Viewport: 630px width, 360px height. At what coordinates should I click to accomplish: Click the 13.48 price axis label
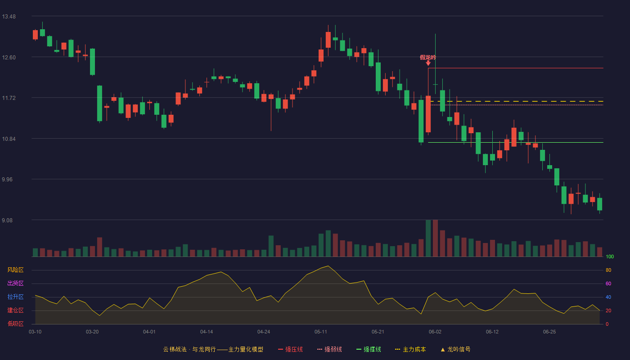pos(9,17)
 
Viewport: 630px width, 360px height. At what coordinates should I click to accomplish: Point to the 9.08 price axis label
pos(7,220)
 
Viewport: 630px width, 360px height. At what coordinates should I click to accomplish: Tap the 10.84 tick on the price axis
pos(9,139)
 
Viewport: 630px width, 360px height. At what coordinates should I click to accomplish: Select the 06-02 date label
pos(435,332)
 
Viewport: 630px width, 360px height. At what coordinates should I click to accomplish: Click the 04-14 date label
pos(207,332)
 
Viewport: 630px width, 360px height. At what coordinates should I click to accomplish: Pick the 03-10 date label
pos(35,332)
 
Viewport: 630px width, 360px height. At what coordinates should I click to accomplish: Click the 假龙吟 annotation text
pos(428,58)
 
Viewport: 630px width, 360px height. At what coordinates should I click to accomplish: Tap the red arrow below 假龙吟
pos(428,63)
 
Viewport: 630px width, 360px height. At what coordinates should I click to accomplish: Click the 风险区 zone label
pos(15,270)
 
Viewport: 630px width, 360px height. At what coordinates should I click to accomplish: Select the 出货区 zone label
pos(15,283)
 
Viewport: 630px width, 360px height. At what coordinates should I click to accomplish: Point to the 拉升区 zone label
pos(15,297)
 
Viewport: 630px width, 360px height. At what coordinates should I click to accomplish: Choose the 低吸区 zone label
pos(15,324)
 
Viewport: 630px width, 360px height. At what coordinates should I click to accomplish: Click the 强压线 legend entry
pos(290,349)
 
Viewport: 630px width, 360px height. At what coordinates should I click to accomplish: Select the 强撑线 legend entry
pos(369,349)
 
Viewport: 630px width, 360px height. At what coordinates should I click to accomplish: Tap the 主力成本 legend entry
pos(410,349)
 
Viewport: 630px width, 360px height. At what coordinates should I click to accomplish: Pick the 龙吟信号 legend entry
pos(455,349)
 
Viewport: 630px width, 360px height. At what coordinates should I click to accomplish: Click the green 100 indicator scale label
pos(610,256)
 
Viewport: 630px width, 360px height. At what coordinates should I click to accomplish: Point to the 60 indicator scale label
pos(608,283)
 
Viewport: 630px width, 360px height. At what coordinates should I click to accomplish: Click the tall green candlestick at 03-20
pos(93,62)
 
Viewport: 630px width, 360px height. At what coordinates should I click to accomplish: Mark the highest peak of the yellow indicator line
pos(328,266)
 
